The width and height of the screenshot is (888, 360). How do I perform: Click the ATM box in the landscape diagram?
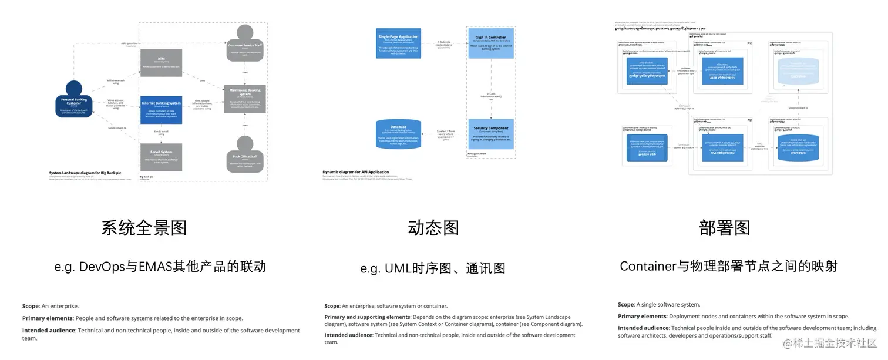point(161,62)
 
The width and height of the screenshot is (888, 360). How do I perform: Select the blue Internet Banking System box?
point(161,109)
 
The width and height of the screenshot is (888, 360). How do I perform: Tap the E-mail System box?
point(161,157)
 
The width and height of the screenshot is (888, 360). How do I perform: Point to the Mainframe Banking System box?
point(245,99)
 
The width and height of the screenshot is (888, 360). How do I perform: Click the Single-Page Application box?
point(398,42)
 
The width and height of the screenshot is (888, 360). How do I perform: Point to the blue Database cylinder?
point(398,134)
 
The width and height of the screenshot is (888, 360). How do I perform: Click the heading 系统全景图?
point(144,228)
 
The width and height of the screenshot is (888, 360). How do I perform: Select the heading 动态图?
point(433,228)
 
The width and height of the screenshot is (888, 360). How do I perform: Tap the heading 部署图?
point(725,228)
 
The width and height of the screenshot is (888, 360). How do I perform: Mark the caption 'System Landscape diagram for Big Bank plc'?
point(85,173)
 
